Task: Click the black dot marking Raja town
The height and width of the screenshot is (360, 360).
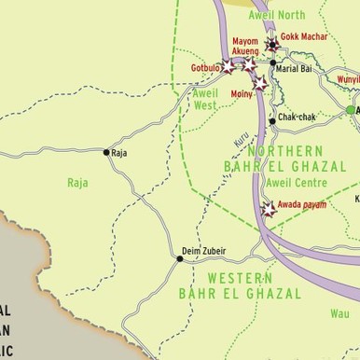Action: point(106,151)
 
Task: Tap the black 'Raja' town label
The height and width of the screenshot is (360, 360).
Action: point(119,152)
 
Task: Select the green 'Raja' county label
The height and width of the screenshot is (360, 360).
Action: point(77,183)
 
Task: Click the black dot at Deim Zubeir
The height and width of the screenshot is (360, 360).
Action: point(179,258)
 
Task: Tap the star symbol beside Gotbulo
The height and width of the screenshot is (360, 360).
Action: point(228,67)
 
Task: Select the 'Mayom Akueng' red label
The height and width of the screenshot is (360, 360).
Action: point(244,47)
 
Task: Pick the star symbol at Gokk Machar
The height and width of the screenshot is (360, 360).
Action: point(271,44)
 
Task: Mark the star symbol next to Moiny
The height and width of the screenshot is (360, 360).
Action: point(260,83)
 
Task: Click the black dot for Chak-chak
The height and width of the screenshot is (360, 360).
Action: point(271,121)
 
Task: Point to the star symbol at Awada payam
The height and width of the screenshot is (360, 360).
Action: point(270,209)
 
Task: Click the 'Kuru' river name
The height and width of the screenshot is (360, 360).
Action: point(242,138)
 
